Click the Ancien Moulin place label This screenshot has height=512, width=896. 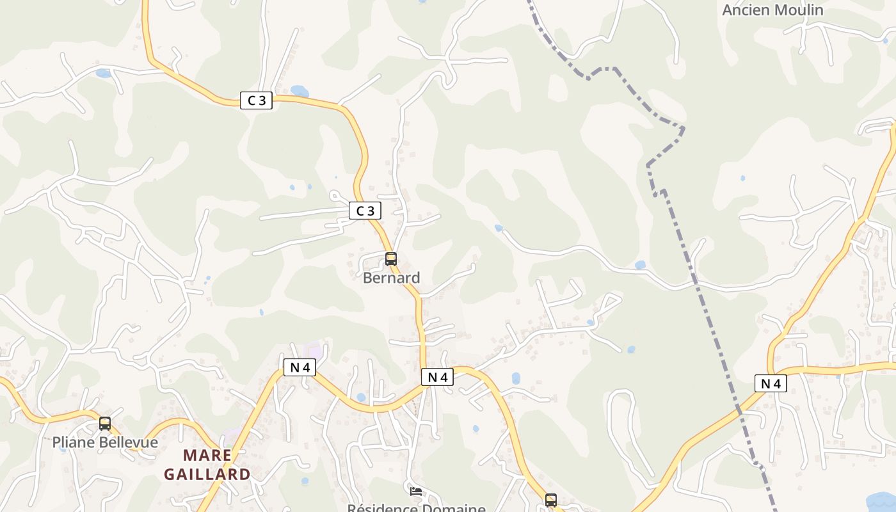772,10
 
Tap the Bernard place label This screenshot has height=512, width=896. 391,278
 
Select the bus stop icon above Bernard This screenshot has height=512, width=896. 391,259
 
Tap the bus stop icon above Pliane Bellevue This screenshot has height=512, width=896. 105,423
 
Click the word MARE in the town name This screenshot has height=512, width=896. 207,455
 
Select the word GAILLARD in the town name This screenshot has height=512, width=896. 207,474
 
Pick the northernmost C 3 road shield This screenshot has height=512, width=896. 256,100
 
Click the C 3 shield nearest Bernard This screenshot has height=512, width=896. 365,211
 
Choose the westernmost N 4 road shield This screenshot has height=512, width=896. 300,367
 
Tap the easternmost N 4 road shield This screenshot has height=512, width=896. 771,383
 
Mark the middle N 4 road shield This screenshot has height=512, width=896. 438,377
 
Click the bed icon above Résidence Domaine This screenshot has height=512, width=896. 416,492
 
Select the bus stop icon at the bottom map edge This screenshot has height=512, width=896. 551,500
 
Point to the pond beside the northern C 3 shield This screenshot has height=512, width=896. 299,92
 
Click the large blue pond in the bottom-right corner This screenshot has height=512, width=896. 882,501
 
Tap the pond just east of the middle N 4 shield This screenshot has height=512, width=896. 516,378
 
